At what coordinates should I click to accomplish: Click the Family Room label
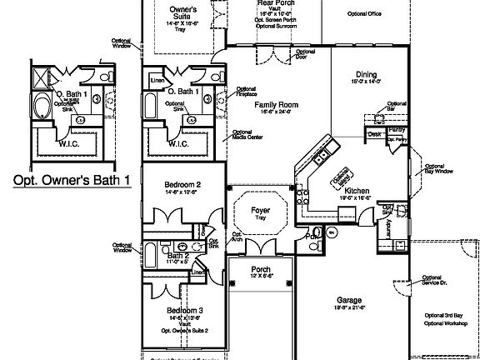(x=277, y=105)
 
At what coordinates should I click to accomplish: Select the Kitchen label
(x=357, y=191)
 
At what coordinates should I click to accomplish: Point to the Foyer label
(x=261, y=211)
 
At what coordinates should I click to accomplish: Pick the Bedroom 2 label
(x=182, y=183)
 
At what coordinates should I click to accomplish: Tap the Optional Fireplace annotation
(x=245, y=92)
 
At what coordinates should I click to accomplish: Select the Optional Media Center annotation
(x=243, y=135)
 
